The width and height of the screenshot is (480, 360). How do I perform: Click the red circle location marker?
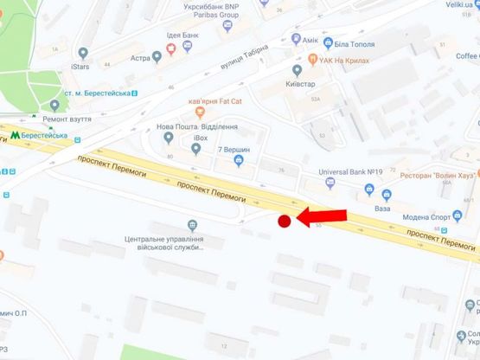pyautogui.click(x=283, y=222)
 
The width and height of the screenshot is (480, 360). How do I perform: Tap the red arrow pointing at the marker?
pyautogui.click(x=321, y=216)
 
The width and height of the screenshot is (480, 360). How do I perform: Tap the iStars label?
pyautogui.click(x=82, y=65)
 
